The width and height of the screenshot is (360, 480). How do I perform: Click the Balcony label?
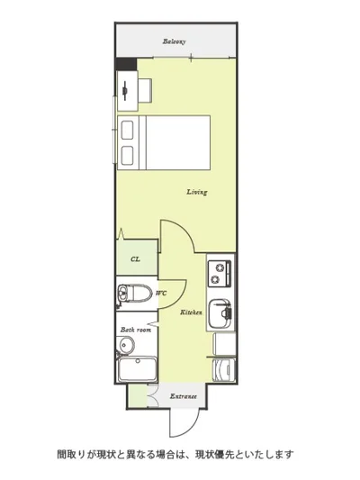point(174,41)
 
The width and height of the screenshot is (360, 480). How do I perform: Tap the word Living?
point(197,192)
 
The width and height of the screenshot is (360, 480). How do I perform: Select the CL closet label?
point(135,259)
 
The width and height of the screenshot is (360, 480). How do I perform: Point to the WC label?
point(161,293)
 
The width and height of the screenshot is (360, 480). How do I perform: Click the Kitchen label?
point(191,312)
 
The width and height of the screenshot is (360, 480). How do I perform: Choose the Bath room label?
point(136,330)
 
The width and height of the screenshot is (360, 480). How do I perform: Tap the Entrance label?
point(184,396)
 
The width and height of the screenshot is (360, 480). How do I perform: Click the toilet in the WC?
point(134,294)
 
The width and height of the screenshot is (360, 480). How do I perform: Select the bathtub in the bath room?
point(138,369)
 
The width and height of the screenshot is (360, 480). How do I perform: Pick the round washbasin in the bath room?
point(125,345)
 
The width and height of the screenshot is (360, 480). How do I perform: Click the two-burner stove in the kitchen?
point(220,274)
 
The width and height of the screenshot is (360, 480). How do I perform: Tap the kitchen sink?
point(220,313)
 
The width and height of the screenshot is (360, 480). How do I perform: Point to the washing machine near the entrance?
point(224,369)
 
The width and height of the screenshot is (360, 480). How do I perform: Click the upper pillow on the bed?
point(127,130)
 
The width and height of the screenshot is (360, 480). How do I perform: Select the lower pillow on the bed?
point(127,155)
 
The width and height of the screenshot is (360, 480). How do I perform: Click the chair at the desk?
point(145,90)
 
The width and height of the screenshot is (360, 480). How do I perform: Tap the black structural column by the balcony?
point(126,64)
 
